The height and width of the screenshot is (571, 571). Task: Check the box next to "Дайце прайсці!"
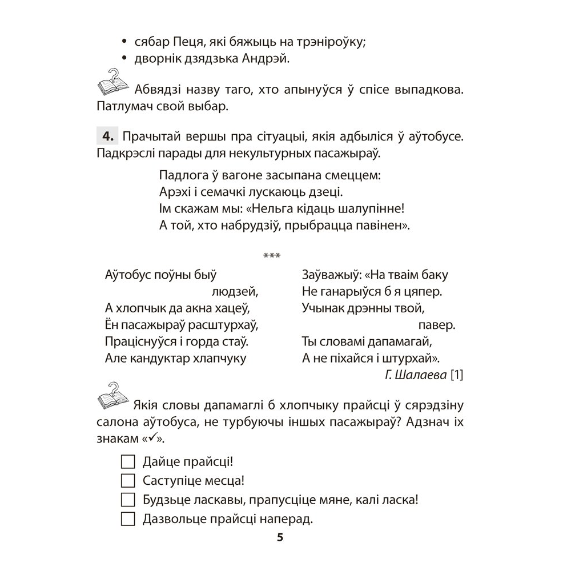[x=128, y=461]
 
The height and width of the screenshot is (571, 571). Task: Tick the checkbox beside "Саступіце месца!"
[x=128, y=481]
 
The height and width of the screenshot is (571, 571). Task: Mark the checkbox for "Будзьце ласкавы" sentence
[x=128, y=500]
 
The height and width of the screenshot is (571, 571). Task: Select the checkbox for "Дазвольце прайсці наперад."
[x=128, y=519]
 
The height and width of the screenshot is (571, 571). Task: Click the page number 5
[x=279, y=538]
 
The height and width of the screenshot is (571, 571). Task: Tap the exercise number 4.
[x=108, y=137]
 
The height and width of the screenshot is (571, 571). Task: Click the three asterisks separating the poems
[x=272, y=255]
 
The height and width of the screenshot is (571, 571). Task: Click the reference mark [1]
[x=458, y=375]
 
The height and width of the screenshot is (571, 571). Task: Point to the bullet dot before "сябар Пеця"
[x=123, y=41]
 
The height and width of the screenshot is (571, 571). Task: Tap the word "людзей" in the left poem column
[x=235, y=292]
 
